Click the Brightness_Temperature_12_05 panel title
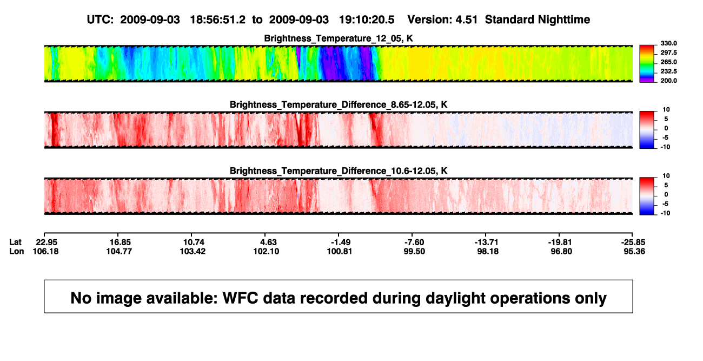[x=339, y=38]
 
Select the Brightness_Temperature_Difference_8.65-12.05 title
[x=339, y=104]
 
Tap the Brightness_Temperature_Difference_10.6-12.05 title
[x=339, y=171]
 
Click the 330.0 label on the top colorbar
[x=668, y=43]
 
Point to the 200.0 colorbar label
[x=668, y=81]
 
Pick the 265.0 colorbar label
[x=668, y=62]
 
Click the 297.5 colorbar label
[x=668, y=52]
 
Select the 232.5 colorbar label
[x=668, y=71]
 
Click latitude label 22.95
[x=47, y=242]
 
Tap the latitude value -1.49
[x=341, y=242]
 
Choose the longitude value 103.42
[x=193, y=251]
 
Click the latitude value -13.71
[x=487, y=242]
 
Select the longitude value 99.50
[x=414, y=251]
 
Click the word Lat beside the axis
[x=15, y=242]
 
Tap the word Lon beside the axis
[x=17, y=251]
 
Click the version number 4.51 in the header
[x=467, y=19]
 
